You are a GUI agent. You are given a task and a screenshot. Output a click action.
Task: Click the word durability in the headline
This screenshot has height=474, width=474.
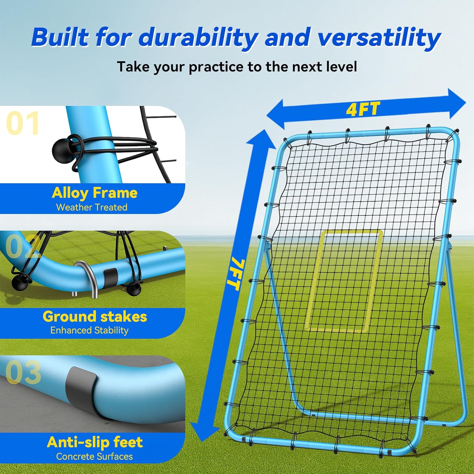point(198,37)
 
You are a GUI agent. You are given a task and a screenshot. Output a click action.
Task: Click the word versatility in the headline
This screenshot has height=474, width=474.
point(379,37)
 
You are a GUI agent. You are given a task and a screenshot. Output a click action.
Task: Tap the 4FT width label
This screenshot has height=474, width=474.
point(363,109)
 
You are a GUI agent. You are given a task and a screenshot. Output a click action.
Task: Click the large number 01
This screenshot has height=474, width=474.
point(22,123)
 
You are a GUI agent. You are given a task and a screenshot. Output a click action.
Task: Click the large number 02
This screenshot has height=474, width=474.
point(22,246)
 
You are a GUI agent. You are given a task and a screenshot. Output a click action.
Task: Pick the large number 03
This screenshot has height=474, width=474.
point(23,372)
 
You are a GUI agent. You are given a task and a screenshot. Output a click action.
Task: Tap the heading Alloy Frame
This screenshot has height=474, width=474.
point(94,193)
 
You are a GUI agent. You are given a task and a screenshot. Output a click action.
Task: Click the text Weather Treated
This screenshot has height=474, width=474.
point(92,207)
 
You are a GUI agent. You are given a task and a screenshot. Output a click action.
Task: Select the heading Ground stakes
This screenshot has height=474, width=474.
point(95,317)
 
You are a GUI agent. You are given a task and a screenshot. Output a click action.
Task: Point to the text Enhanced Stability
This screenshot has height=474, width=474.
point(89,330)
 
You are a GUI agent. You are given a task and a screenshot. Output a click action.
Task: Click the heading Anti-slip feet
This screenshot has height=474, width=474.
point(95,442)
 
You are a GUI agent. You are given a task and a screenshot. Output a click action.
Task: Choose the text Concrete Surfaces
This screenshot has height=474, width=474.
point(94,456)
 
